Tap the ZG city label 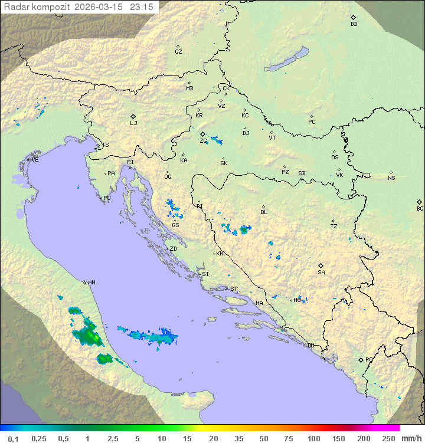(x=203, y=141)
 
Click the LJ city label (x=133, y=123)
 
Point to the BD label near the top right (x=354, y=24)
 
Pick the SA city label (x=321, y=273)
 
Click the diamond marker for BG (x=420, y=202)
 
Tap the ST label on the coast (x=234, y=289)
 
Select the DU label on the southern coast (x=310, y=346)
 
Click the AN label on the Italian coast (x=91, y=283)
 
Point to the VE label (x=35, y=160)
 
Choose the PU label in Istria (x=107, y=198)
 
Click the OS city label (x=335, y=157)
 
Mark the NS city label (x=391, y=178)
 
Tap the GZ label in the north (x=178, y=52)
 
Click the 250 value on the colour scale (x=388, y=438)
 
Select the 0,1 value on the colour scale (x=13, y=438)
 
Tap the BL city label (x=264, y=212)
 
